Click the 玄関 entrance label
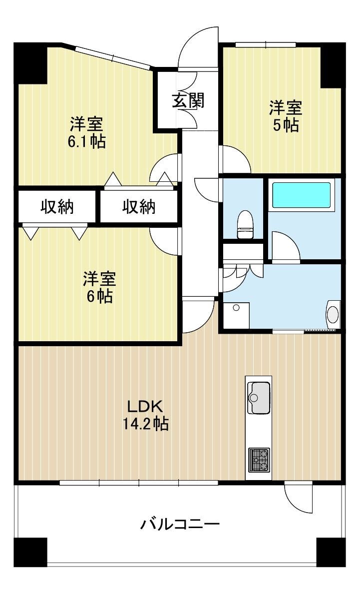188,101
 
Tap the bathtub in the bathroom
302,195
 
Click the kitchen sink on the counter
259,398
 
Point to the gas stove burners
259,460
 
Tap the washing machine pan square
237,315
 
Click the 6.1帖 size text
86,141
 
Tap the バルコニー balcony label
180,524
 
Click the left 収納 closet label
57,206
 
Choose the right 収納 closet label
138,206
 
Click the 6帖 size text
100,296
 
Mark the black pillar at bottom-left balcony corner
30,552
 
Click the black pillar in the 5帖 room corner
333,65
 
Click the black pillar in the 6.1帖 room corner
30,63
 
